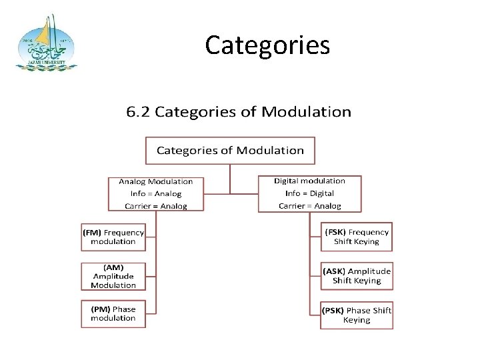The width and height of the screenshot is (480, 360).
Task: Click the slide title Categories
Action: tap(267, 46)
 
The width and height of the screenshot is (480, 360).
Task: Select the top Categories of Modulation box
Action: tap(230, 150)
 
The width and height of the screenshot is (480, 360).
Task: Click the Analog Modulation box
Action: tap(155, 193)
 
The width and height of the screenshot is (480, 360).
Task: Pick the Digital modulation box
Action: tap(309, 193)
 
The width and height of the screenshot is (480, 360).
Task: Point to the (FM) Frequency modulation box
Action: tap(113, 237)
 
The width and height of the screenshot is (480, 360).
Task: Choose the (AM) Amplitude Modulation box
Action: tap(113, 275)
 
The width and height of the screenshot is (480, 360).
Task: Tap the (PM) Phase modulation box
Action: tap(113, 313)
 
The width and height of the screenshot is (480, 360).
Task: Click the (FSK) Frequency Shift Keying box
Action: tap(356, 237)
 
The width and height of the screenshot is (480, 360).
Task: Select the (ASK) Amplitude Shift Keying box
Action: tap(356, 275)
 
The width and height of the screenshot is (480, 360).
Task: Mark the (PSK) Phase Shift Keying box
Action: tap(356, 315)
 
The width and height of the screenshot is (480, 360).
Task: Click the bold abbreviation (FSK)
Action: tap(335, 232)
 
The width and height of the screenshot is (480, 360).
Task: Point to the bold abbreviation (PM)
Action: tap(100, 309)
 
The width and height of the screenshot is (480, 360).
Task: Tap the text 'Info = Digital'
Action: tap(309, 193)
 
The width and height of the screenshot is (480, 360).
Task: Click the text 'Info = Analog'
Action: tap(155, 193)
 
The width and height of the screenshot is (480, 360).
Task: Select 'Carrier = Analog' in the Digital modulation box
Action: tap(309, 206)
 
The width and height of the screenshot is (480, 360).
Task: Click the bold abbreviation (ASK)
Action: tap(335, 271)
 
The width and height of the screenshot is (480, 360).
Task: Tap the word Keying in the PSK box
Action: tap(356, 320)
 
